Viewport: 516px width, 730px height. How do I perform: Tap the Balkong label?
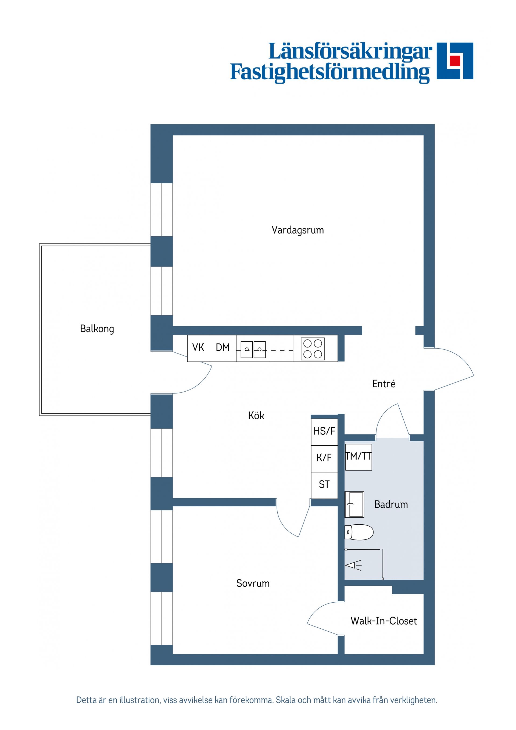(97, 329)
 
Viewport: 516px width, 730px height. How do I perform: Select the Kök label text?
(256, 416)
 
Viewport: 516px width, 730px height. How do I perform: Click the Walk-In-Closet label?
(384, 621)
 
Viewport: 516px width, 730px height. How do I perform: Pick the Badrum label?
(391, 504)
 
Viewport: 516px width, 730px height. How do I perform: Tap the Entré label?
(384, 384)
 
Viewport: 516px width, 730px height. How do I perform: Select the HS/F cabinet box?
(324, 431)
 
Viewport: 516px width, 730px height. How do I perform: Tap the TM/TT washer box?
(359, 457)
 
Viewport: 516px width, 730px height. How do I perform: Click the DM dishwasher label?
(223, 348)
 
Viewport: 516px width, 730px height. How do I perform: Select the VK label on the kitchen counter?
(198, 348)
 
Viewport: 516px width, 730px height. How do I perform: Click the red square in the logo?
(455, 60)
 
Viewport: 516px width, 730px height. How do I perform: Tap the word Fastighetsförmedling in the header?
(330, 73)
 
